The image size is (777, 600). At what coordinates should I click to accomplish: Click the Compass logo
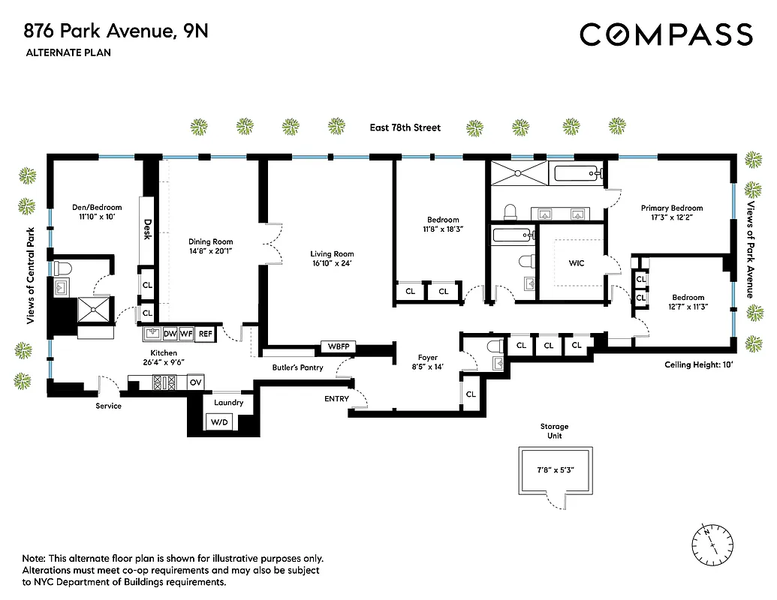tap(666, 34)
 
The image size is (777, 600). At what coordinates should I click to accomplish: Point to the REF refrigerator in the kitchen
tap(205, 334)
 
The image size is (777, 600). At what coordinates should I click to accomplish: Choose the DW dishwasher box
tap(170, 334)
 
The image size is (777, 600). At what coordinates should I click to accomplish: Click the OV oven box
tap(195, 382)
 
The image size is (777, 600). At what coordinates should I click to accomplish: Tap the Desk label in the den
tap(148, 228)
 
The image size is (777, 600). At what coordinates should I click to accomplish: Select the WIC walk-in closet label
tap(577, 263)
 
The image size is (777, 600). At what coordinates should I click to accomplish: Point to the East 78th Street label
tap(405, 127)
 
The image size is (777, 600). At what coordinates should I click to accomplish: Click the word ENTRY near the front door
tap(336, 399)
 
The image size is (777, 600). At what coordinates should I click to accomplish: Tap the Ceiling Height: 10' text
tap(698, 364)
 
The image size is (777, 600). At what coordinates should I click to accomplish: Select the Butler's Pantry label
tap(297, 367)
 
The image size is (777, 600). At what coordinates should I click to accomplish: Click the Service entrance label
tap(108, 406)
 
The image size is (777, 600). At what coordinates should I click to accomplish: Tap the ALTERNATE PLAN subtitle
tap(68, 52)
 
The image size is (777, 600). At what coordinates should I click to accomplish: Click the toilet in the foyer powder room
tap(494, 347)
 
